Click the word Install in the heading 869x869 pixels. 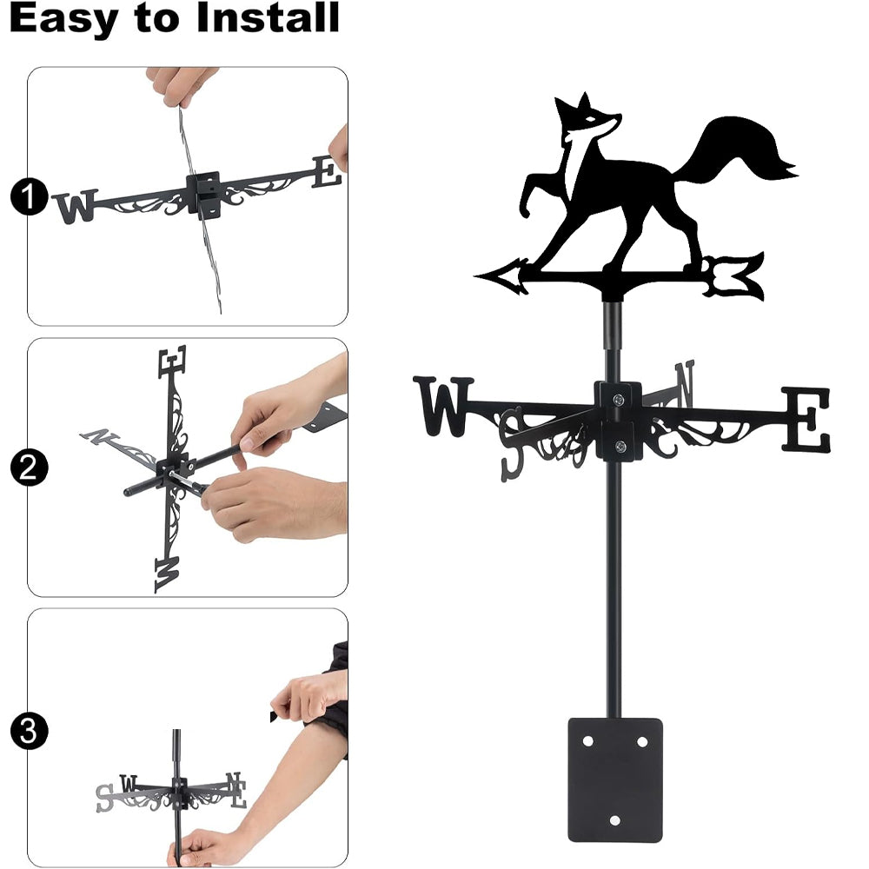coord(269,17)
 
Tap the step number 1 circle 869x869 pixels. coord(29,196)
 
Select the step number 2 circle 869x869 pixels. coord(29,468)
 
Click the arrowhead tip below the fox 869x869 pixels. coord(475,275)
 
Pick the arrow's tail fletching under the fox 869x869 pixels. coord(734,275)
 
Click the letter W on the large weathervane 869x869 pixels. coord(443,406)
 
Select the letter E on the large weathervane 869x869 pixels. coord(806,420)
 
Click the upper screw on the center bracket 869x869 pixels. coord(618,399)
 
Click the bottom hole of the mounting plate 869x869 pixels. coord(614,820)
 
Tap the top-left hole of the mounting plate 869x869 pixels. coord(587,741)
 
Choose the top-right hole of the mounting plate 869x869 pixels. coord(642,741)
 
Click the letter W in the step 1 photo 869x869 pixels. coord(75,207)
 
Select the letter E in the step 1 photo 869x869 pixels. coord(327,172)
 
